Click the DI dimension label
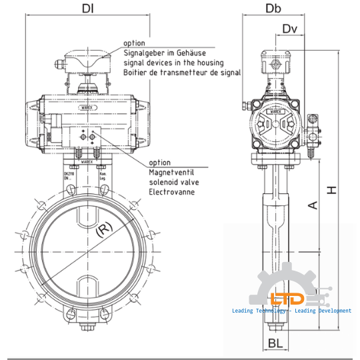[87, 9]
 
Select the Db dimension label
[273, 9]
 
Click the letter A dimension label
[312, 206]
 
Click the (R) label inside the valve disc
[104, 231]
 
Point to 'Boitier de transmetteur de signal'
[182, 72]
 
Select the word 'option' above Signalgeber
[134, 43]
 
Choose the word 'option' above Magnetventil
[159, 163]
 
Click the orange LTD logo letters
[287, 299]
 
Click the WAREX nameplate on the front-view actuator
[87, 104]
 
